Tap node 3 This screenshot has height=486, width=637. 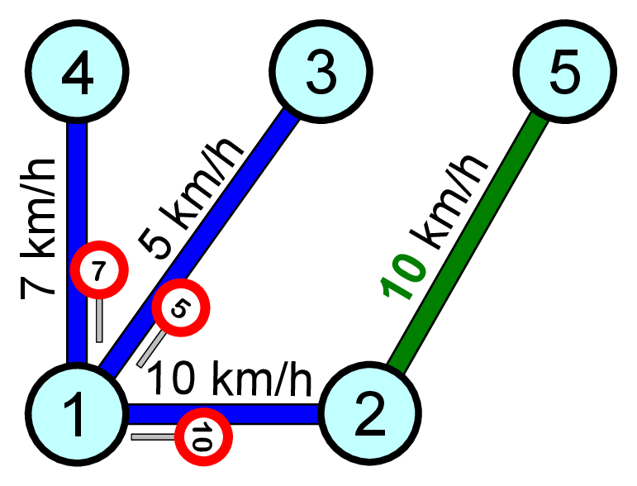coord(321,73)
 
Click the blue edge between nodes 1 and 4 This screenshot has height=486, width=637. coord(77,190)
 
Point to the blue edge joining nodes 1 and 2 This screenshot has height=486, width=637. coord(248,413)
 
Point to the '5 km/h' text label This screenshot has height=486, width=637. coord(192,198)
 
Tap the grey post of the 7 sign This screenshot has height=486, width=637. coord(99,320)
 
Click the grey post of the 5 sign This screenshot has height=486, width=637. coord(150,350)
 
